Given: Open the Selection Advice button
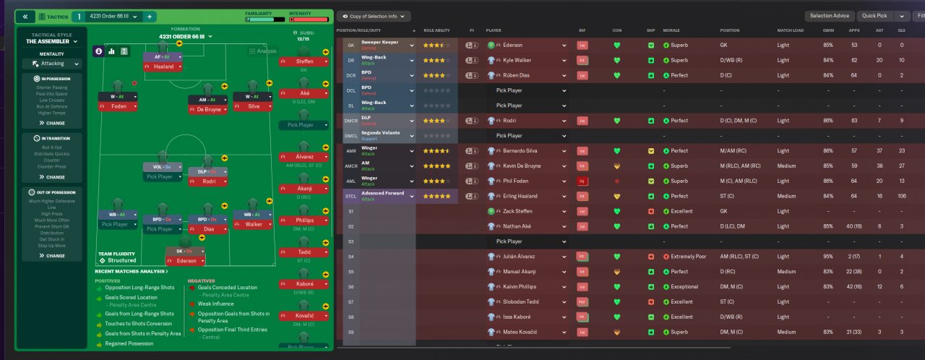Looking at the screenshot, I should (830, 16).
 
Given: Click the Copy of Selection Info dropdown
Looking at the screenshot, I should (374, 16).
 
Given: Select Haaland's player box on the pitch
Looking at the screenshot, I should (163, 67).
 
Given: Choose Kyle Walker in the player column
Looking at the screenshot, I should (517, 60).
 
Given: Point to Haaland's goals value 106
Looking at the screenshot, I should (901, 196).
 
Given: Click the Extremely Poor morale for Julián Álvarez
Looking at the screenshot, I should (689, 257).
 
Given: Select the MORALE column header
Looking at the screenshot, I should (671, 31).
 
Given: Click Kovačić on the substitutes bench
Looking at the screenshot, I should (304, 315).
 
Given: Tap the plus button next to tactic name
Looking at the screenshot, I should (149, 16).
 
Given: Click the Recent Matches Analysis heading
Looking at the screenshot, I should (131, 271).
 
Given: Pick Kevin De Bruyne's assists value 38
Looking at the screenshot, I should (879, 166).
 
